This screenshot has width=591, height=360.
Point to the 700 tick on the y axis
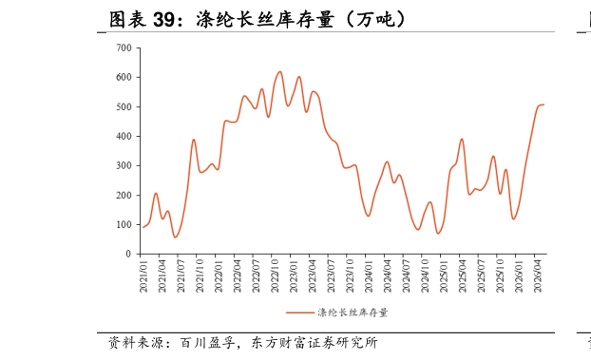coord(124,47)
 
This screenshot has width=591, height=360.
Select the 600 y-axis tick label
coord(124,77)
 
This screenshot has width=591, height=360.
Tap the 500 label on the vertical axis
coord(124,106)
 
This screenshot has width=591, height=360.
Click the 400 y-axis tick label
coord(124,136)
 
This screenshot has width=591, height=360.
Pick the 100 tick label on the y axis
coord(124,225)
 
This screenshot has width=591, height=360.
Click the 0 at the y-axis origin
coord(128,254)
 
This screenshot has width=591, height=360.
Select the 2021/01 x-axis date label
coord(143,275)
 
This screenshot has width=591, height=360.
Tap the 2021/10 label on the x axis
coord(200,275)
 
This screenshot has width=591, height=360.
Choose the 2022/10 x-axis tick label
coord(275,275)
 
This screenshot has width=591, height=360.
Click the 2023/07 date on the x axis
coord(331,275)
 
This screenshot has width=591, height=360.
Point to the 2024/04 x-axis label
coord(388,275)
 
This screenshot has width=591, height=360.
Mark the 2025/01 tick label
coord(444,275)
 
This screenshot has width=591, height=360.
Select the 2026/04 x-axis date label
coord(538,275)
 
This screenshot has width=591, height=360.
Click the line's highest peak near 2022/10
coord(279,71)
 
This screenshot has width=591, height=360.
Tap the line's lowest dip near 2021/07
coord(175,237)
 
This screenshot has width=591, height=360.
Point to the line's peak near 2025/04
coord(462,139)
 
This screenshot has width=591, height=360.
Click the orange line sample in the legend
coord(300,313)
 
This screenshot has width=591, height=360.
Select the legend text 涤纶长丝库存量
coord(353,313)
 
